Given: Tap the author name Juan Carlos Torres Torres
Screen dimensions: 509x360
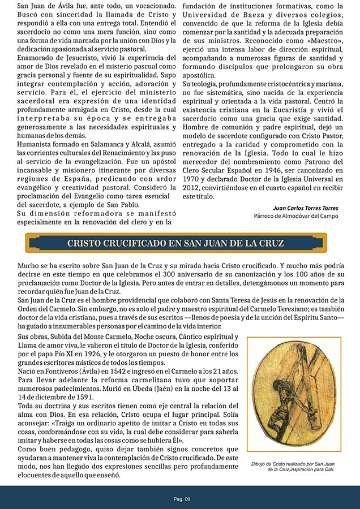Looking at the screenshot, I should coord(305,208).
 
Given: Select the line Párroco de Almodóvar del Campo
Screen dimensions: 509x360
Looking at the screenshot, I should coord(296,216).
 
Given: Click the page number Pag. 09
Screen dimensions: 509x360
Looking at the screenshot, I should coord(182,498).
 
